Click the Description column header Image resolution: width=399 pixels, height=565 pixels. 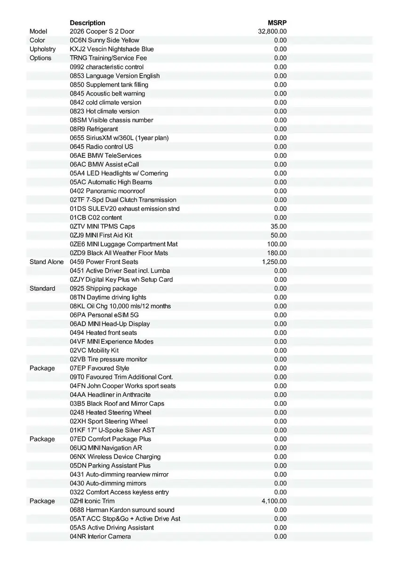(x=88, y=23)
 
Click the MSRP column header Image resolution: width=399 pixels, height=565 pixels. (x=277, y=23)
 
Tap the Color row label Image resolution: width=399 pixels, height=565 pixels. (x=37, y=40)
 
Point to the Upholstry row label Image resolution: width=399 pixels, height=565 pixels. (x=42, y=49)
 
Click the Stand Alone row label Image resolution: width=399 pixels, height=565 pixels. (x=47, y=262)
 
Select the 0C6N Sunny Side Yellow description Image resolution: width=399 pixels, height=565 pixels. (x=104, y=40)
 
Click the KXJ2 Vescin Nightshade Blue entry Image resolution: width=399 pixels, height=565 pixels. (x=112, y=49)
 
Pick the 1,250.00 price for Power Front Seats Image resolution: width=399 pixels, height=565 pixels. (x=274, y=262)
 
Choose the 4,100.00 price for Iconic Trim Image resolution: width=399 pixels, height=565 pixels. (x=274, y=501)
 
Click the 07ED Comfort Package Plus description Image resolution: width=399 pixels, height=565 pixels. (x=111, y=439)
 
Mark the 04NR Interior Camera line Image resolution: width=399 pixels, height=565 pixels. (x=100, y=536)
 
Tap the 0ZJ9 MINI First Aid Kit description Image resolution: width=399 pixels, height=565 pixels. (x=101, y=235)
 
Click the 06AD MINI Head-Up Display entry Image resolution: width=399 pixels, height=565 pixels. (x=110, y=324)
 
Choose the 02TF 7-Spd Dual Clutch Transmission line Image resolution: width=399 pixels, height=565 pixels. (x=123, y=200)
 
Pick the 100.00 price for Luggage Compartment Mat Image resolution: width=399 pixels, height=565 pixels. (x=277, y=244)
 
